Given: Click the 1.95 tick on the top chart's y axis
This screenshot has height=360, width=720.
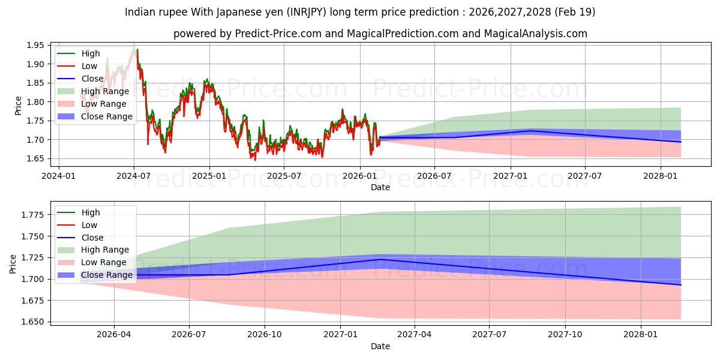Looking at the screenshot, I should (x=35, y=45).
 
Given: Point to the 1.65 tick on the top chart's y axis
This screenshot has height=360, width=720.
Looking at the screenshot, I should (x=35, y=158).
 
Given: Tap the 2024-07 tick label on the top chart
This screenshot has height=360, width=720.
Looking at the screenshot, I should (x=134, y=176).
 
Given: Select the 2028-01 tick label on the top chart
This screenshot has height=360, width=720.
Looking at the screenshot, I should (x=661, y=176).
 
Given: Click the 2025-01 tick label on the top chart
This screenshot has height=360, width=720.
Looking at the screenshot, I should (x=209, y=176).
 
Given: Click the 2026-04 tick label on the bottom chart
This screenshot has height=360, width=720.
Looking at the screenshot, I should (x=114, y=335).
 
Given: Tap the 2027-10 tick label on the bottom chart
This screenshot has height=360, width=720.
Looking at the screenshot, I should (x=565, y=335).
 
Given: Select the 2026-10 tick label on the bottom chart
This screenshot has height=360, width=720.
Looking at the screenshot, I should (x=265, y=335).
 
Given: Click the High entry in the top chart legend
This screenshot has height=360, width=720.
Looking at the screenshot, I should (x=91, y=53).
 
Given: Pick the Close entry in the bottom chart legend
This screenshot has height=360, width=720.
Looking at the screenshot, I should (x=92, y=238).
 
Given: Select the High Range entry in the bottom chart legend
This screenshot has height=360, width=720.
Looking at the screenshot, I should (x=105, y=250).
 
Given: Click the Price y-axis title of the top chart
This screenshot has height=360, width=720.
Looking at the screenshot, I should (x=18, y=106).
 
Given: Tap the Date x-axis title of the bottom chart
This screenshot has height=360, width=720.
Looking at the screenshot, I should (x=380, y=346).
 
